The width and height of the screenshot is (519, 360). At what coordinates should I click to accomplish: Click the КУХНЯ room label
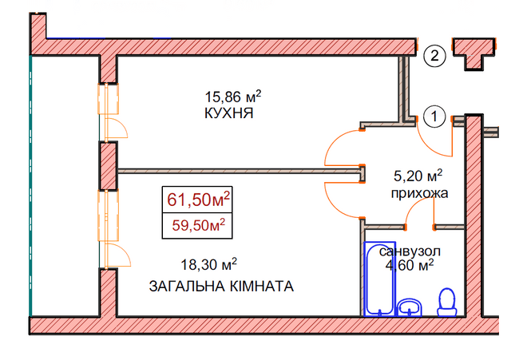pyautogui.click(x=229, y=113)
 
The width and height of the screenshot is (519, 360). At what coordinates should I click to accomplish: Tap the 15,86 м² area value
pyautogui.click(x=233, y=97)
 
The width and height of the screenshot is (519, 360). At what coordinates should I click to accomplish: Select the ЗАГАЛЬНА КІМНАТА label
pyautogui.click(x=221, y=287)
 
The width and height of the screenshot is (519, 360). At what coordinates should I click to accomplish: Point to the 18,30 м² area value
pyautogui.click(x=209, y=264)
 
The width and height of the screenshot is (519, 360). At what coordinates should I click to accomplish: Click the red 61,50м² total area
pyautogui.click(x=198, y=200)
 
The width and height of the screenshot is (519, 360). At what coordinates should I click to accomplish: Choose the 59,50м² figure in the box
pyautogui.click(x=199, y=225)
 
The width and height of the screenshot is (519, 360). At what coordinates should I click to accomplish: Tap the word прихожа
pyautogui.click(x=420, y=193)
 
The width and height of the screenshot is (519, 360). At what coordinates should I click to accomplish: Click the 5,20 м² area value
pyautogui.click(x=418, y=176)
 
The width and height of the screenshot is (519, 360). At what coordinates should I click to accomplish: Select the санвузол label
pyautogui.click(x=410, y=251)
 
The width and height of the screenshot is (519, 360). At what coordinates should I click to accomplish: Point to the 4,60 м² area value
pyautogui.click(x=410, y=265)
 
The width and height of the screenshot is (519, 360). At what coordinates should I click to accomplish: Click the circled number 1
pyautogui.click(x=434, y=117)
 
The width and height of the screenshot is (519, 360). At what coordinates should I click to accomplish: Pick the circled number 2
pyautogui.click(x=434, y=55)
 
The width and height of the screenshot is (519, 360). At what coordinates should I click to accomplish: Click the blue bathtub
pyautogui.click(x=380, y=279)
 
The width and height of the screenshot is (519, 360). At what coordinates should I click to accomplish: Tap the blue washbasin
pyautogui.click(x=410, y=307)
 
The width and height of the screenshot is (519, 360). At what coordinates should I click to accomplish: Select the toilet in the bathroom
pyautogui.click(x=447, y=303)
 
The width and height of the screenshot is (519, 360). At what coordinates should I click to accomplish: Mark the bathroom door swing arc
pyautogui.click(x=413, y=208)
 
